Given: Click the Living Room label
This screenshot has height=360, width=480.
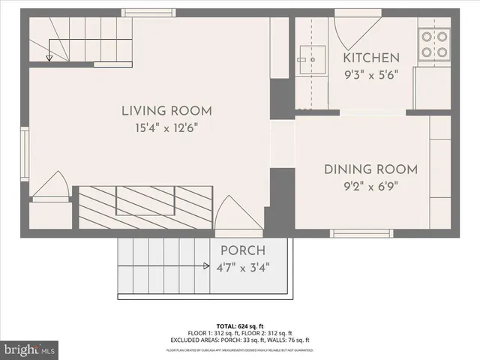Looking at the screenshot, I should pos(167,112).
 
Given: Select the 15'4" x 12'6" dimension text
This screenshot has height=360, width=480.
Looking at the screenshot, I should pos(167,128).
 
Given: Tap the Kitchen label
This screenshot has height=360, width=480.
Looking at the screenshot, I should pos(370,58).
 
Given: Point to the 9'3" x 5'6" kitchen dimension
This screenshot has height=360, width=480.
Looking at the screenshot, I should pos(370,74).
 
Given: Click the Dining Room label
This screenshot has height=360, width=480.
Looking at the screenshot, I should pos(370,169).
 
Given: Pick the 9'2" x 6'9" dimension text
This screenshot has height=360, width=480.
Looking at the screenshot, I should pos(370,186).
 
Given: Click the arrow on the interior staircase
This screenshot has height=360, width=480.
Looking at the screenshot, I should pos(49,56).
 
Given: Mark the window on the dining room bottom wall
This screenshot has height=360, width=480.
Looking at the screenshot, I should pos(361,233).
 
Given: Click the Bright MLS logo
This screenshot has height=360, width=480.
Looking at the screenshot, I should pos(30,349).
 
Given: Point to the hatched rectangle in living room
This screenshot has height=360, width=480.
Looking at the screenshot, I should pos(145,207).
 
